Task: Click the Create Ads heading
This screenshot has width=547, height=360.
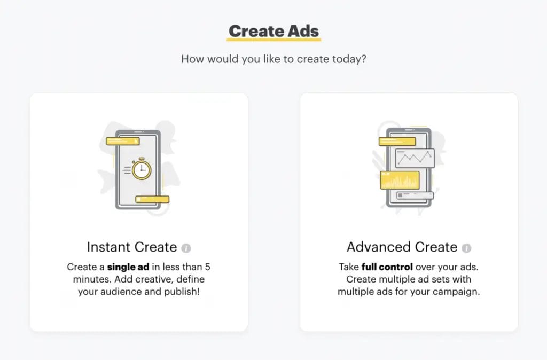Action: [x=273, y=30]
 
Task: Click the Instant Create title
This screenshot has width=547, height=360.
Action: [x=131, y=247]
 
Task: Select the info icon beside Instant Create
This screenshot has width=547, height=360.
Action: [x=186, y=248]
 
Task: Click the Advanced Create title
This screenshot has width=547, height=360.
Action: [x=402, y=247]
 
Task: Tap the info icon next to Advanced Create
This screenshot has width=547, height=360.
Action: [x=466, y=248]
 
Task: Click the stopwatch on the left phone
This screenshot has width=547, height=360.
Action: [x=142, y=169]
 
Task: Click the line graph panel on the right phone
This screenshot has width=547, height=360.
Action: [x=415, y=158]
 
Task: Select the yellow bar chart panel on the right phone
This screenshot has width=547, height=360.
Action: [x=400, y=180]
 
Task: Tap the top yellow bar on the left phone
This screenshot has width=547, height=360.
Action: [x=122, y=142]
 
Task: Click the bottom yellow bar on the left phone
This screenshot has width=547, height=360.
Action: [x=152, y=199]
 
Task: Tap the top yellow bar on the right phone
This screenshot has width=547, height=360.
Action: [x=397, y=142]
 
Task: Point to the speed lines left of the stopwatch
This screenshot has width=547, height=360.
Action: [x=127, y=169]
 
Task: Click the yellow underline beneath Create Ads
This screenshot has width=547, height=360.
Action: [x=273, y=40]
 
